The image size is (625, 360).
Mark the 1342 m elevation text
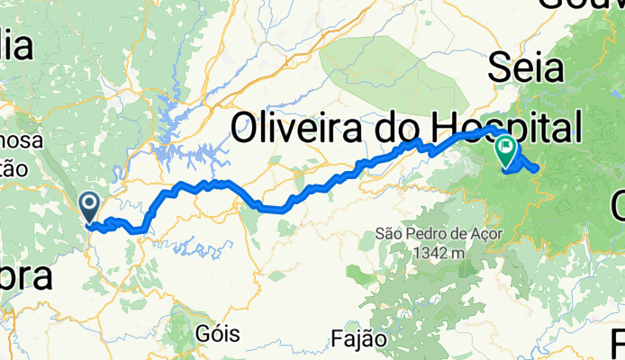[x=439, y=254]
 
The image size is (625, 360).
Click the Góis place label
[x=217, y=334]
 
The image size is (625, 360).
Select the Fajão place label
[x=358, y=339]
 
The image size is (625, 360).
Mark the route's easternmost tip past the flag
[x=537, y=168]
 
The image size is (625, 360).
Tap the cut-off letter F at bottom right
[x=618, y=341]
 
